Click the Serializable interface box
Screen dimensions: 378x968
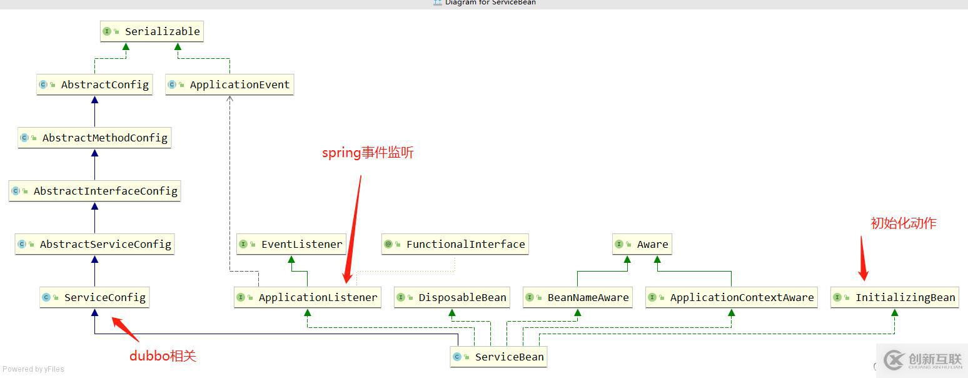(152, 31)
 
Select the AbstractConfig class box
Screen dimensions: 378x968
(95, 84)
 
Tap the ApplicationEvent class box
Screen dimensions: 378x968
(229, 84)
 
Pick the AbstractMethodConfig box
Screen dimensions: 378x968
(94, 138)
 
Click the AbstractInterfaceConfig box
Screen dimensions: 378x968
(95, 191)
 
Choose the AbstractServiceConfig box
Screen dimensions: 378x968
(94, 244)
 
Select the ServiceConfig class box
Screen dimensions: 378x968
(94, 297)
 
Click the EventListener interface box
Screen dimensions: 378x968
(291, 244)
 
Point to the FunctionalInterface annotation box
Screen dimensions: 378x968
(455, 244)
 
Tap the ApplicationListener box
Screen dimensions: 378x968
(308, 297)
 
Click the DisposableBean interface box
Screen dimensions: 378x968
(452, 297)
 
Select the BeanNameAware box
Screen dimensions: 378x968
(578, 297)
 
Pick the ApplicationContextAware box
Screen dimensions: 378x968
(732, 297)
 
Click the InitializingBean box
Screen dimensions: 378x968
(895, 297)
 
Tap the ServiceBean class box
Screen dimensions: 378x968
(499, 357)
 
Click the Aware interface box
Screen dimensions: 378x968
(642, 244)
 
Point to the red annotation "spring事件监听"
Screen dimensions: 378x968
(368, 153)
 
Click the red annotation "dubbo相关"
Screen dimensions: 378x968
(163, 356)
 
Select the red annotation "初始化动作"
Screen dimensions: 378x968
(903, 223)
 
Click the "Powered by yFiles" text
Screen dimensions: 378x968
(33, 369)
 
